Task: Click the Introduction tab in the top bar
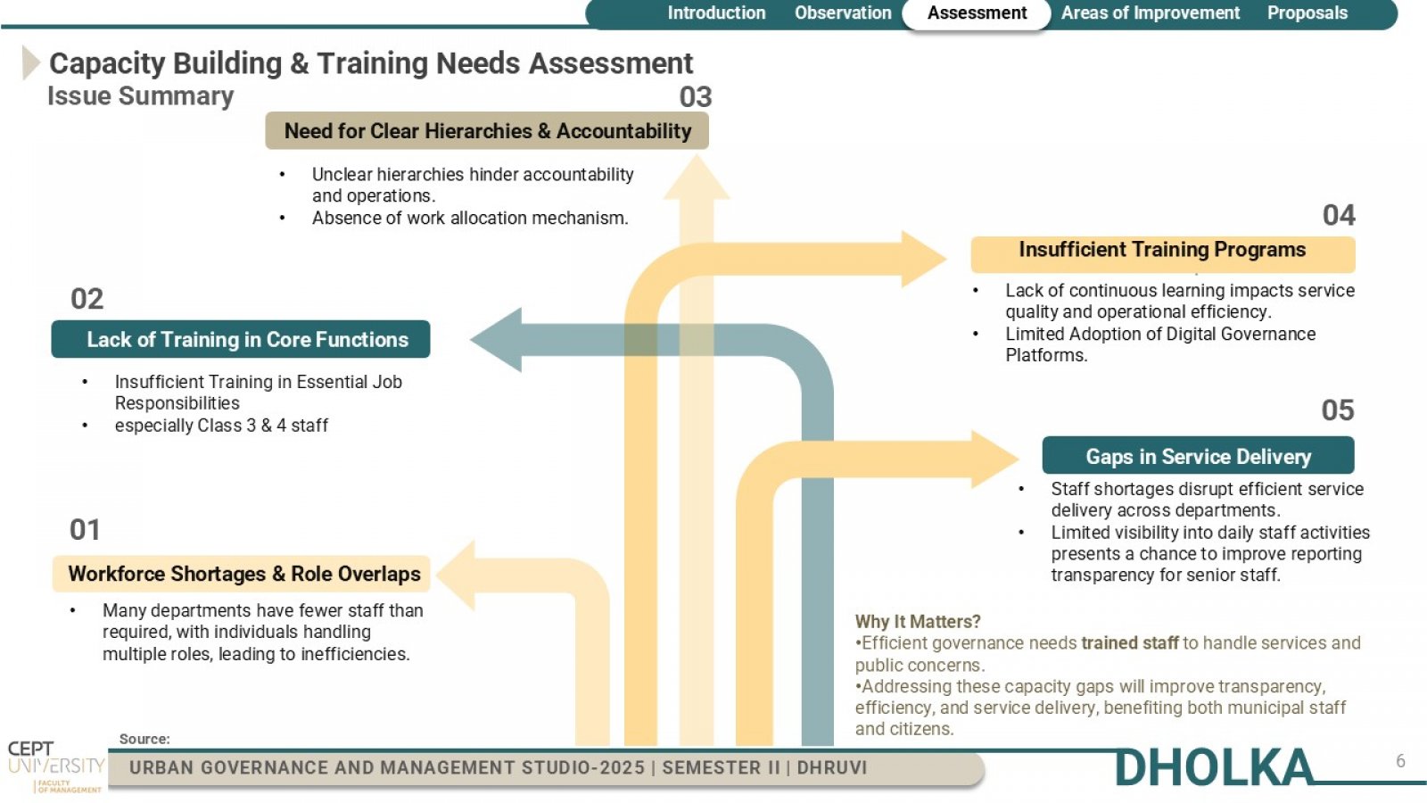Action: coord(716,12)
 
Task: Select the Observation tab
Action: coord(843,12)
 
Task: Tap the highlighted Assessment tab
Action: coord(977,13)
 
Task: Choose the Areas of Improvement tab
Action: coord(1150,12)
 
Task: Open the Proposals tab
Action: coord(1307,12)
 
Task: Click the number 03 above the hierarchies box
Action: coord(695,97)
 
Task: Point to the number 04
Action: coord(1339,215)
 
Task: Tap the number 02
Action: coord(87,299)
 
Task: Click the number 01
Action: coord(85,530)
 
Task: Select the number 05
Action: coord(1337,410)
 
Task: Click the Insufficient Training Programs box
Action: coord(1163,253)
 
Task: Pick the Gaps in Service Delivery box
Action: coord(1198,455)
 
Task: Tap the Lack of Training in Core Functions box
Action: coord(241,339)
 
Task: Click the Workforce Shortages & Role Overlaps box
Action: coord(242,574)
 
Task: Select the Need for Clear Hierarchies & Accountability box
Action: coord(487,130)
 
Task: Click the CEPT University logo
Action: coord(56,766)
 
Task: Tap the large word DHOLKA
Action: coord(1214,768)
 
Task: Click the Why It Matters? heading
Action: coord(918,621)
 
